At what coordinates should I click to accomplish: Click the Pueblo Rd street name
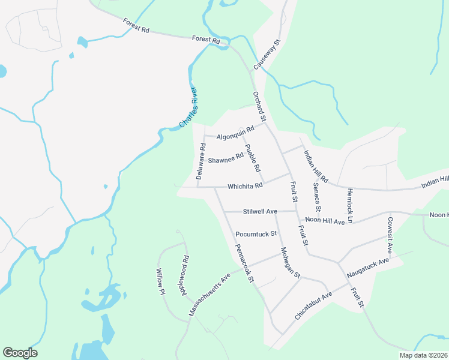tap(252, 158)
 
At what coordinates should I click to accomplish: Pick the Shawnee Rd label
tap(225, 158)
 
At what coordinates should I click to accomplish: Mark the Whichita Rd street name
tap(245, 186)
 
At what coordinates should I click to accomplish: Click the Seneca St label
tap(316, 199)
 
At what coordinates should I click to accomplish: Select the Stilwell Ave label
tap(260, 212)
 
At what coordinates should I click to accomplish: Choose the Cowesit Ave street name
tap(390, 234)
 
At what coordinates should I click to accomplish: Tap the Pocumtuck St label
tap(255, 233)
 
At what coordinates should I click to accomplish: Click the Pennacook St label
tap(245, 263)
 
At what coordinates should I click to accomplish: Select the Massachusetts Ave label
tap(209, 295)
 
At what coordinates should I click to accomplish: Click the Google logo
tap(20, 353)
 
